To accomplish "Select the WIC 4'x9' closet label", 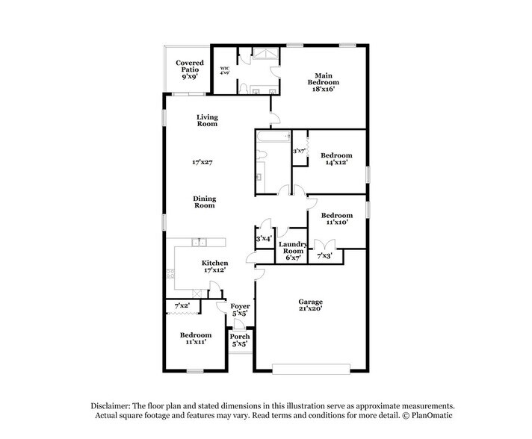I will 225,72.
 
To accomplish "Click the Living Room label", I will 207,120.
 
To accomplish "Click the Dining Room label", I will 204,202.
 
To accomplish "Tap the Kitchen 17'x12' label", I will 214,267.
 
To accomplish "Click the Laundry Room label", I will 291,248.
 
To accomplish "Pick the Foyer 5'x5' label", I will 240,310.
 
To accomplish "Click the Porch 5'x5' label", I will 240,340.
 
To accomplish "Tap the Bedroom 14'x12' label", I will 335,160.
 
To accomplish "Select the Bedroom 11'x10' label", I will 335,217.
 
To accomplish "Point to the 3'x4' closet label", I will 264,239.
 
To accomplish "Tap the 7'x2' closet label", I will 182,306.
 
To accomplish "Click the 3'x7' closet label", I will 300,151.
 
